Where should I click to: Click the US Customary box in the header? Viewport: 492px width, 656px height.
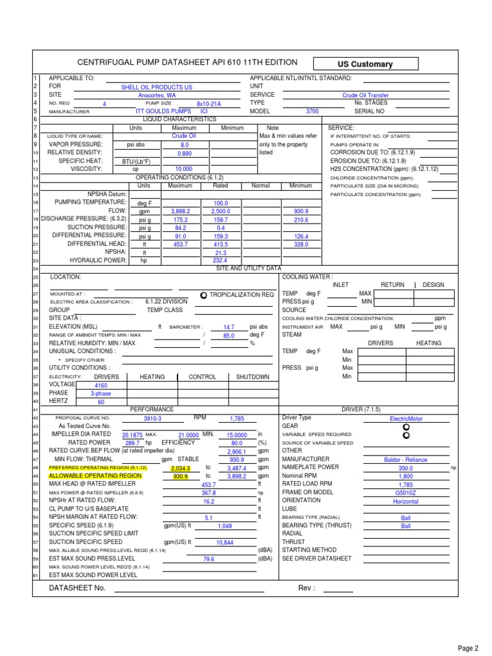(x=365, y=64)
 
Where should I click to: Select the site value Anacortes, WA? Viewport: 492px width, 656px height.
(x=157, y=95)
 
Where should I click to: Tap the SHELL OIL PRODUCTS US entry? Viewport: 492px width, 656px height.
(x=157, y=86)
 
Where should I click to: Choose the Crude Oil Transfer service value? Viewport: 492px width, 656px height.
(x=365, y=95)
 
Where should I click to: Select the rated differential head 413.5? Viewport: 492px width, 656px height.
(x=220, y=244)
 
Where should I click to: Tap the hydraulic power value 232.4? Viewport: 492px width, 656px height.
(x=220, y=260)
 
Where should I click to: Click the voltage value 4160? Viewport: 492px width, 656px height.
(x=101, y=386)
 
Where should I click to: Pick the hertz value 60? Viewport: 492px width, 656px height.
(x=101, y=402)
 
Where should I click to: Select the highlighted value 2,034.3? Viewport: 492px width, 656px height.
(x=181, y=468)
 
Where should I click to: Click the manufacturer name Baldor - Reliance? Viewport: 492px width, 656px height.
(x=406, y=460)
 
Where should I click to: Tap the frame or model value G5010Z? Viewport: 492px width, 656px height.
(x=406, y=493)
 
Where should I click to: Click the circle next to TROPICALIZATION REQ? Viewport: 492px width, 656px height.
(x=204, y=295)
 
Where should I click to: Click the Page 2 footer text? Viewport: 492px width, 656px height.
(x=468, y=648)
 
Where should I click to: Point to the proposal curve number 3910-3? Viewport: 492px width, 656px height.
(x=152, y=418)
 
